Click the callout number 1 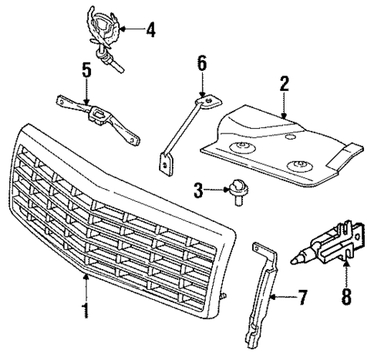(86, 311)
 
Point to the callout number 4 (150, 31)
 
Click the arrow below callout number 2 (284, 106)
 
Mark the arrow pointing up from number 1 (86, 285)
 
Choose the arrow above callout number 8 (345, 270)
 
